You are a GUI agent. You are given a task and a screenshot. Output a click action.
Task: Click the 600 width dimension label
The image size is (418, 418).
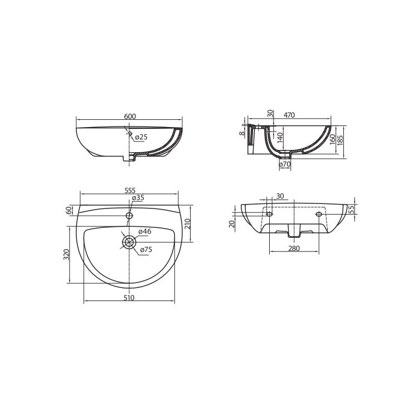click(x=130, y=116)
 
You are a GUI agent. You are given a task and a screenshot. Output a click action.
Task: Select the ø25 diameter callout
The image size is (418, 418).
click(x=141, y=137)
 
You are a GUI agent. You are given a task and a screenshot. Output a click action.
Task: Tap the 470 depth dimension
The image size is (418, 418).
click(x=289, y=115)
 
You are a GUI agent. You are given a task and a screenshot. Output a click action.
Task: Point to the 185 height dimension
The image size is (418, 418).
click(x=341, y=139)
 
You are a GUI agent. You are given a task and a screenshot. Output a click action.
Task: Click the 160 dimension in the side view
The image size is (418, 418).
click(x=332, y=139)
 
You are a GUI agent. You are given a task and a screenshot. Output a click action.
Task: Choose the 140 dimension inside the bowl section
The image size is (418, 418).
click(x=280, y=138)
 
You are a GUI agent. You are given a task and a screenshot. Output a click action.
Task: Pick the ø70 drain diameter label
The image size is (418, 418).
click(x=285, y=164)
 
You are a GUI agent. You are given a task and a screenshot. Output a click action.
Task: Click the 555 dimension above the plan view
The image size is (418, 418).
click(x=130, y=191)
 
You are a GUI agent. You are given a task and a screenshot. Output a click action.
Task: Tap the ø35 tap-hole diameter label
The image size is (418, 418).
click(x=138, y=198)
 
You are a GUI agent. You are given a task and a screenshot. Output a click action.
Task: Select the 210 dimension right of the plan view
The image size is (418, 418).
click(x=187, y=225)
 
